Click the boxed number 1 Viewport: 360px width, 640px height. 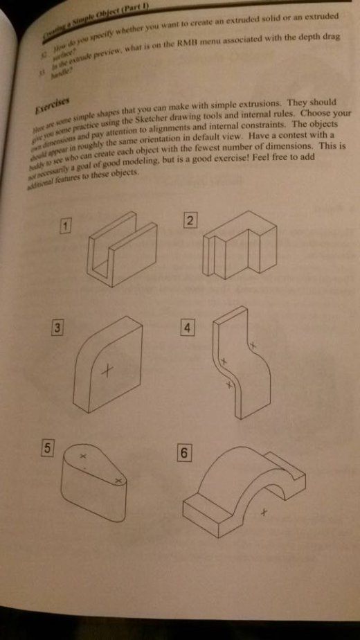[x=66, y=226]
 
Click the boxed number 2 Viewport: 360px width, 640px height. [x=191, y=221]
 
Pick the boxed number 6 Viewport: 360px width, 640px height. [x=183, y=454]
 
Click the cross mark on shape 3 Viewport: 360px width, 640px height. [x=106, y=372]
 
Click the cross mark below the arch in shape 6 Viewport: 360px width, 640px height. [x=263, y=513]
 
